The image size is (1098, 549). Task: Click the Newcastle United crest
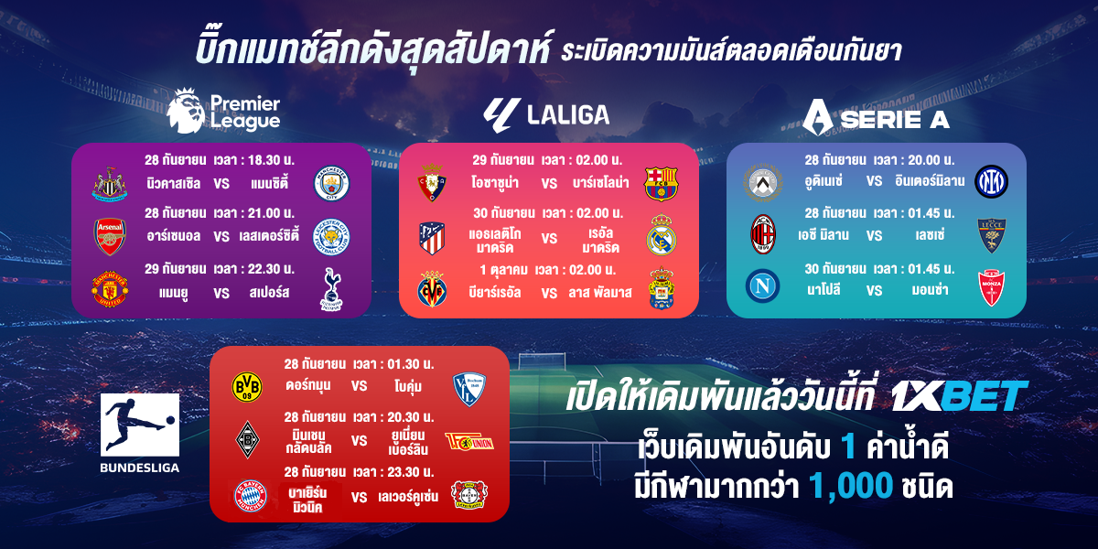(x=110, y=184)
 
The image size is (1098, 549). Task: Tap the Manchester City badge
(x=331, y=183)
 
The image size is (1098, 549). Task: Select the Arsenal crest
(x=110, y=237)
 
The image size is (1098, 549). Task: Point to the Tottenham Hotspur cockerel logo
(x=331, y=289)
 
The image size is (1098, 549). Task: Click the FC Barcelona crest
(x=661, y=184)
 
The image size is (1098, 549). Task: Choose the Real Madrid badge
(x=662, y=235)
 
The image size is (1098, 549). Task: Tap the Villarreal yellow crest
(x=432, y=289)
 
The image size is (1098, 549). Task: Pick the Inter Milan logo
(x=991, y=181)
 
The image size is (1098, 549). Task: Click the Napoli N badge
(x=763, y=285)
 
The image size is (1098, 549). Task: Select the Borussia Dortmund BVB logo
(x=246, y=387)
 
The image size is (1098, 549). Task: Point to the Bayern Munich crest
(x=251, y=496)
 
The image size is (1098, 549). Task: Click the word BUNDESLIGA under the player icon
(x=140, y=468)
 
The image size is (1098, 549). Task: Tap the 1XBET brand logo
(x=959, y=396)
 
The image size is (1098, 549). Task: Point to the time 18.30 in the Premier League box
(x=264, y=160)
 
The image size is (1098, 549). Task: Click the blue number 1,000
(x=850, y=486)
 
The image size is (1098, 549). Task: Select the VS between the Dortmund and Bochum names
(x=359, y=386)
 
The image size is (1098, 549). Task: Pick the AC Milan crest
(x=763, y=234)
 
